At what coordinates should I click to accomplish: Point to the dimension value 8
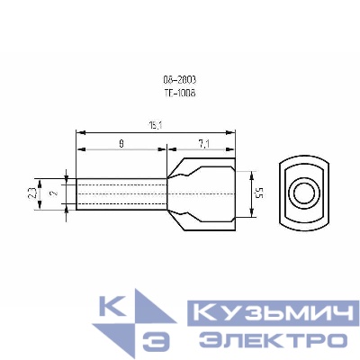(x=121, y=142)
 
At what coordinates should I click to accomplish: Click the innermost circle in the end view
(x=303, y=193)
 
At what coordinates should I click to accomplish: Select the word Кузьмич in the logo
(x=256, y=314)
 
